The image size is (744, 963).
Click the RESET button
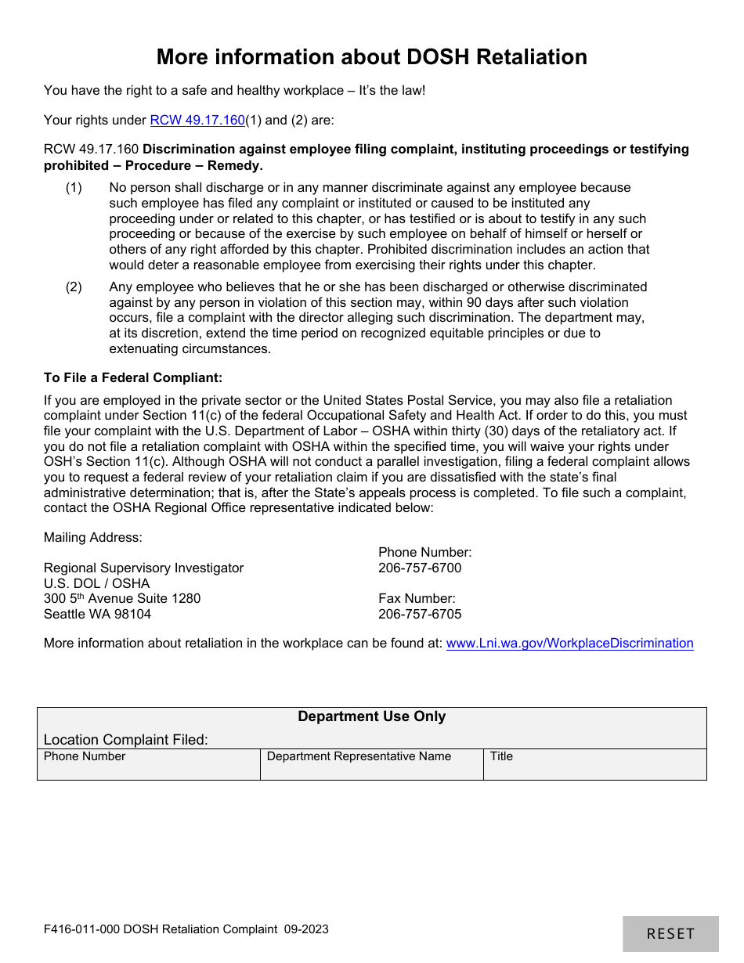[670, 933]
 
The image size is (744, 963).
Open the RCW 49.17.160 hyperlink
[197, 121]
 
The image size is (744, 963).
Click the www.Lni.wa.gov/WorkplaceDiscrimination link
[569, 643]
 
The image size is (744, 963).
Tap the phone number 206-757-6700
[420, 568]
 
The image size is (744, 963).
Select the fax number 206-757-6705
[420, 614]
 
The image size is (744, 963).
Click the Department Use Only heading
[371, 716]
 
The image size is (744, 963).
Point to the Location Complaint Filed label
[126, 740]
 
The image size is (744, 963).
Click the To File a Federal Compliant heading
[133, 377]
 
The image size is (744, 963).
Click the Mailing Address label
[93, 537]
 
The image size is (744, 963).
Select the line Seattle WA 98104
[97, 614]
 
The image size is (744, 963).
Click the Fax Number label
[417, 599]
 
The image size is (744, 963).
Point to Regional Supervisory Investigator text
[143, 568]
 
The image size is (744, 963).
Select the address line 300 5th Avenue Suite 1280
[122, 599]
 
